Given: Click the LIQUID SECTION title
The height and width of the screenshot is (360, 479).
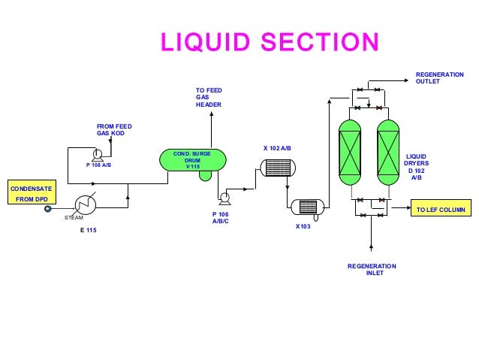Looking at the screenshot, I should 269,42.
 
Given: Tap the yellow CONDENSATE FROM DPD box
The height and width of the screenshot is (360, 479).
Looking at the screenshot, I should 30,192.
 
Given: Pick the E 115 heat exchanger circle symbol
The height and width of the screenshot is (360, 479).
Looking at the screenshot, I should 85,204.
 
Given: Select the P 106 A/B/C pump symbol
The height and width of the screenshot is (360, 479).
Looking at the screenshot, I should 223,198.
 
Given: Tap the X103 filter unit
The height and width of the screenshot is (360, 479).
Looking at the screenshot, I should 306,207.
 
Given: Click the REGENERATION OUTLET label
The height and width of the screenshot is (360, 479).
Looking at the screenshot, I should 439,77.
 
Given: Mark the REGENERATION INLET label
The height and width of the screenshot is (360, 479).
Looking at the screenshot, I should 372,269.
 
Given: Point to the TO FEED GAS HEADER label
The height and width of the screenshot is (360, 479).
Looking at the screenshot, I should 209,97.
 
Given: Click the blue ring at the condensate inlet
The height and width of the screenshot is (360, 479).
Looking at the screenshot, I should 48,208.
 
